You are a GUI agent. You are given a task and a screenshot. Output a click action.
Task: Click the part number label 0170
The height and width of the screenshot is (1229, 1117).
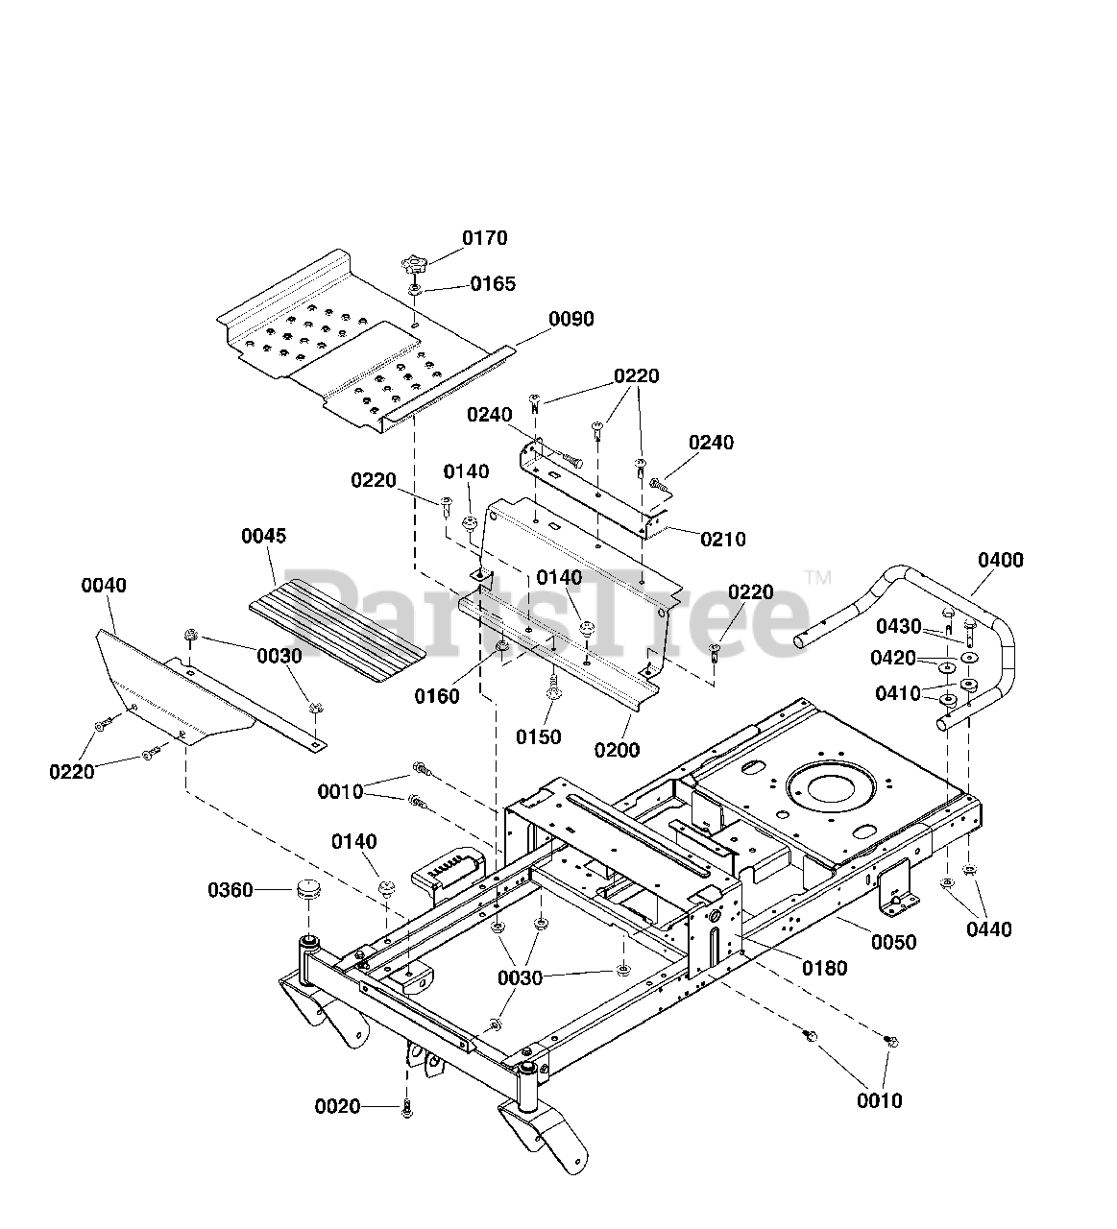tap(484, 238)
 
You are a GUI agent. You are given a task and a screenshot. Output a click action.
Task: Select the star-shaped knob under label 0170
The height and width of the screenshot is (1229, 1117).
tap(414, 267)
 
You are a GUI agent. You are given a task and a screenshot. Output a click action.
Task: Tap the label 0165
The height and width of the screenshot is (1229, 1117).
tap(493, 283)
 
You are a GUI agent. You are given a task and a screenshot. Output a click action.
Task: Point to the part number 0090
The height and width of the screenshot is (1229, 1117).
tap(571, 319)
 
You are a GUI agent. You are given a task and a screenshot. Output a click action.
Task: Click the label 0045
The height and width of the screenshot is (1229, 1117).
tap(263, 536)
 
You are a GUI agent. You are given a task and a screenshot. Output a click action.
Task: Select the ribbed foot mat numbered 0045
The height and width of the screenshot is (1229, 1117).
tap(337, 630)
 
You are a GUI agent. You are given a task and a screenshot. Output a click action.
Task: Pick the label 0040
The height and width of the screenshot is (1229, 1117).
tap(104, 585)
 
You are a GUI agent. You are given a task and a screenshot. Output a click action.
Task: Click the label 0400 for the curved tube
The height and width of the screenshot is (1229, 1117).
tap(1001, 560)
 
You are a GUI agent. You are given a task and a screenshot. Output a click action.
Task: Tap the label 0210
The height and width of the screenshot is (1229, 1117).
tap(723, 540)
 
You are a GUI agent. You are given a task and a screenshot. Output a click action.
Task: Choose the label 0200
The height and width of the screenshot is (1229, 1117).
tap(617, 750)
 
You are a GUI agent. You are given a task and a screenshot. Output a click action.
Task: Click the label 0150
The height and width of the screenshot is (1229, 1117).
tap(538, 737)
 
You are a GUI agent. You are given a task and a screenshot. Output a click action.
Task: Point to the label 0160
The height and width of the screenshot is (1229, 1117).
tap(436, 696)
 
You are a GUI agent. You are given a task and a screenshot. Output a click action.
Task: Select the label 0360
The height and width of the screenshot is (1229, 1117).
tap(231, 890)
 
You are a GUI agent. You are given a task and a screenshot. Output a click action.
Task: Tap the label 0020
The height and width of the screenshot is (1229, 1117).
tap(337, 1106)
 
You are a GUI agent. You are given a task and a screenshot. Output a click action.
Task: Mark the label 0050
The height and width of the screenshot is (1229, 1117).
tap(894, 942)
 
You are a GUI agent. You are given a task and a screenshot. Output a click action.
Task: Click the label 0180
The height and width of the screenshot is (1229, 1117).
tap(825, 968)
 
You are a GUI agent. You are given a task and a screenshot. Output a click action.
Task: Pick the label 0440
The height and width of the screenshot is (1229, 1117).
tap(989, 929)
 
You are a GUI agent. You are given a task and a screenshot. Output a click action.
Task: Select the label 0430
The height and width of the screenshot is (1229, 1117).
tap(899, 626)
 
